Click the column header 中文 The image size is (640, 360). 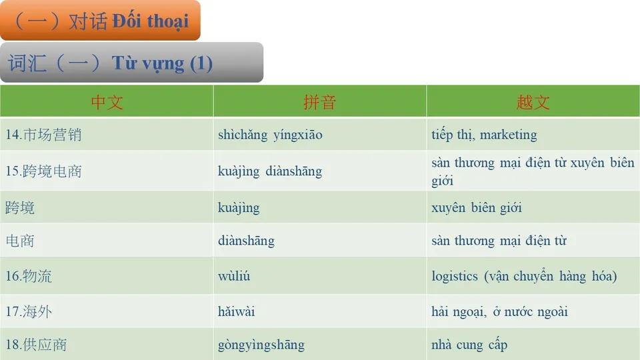pos(107,102)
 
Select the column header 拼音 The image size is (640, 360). pos(319,102)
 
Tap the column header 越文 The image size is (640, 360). pos(533,102)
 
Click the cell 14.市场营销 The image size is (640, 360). pos(43,135)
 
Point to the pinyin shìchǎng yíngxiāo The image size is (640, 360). pos(270,135)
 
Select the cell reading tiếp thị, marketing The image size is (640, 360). pos(484,135)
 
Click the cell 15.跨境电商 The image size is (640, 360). pos(43,171)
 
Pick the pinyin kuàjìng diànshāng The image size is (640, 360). pos(270,171)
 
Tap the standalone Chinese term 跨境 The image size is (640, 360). pos(20,207)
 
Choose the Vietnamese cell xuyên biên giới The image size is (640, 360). pos(477,207)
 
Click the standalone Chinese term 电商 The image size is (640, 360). pos(20,241)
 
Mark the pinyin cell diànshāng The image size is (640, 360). pos(246,241)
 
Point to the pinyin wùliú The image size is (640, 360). pos(234,276)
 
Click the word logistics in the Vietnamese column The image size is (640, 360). pos(455,276)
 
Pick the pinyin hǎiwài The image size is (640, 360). pos(237,311)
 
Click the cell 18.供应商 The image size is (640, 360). pos(36,345)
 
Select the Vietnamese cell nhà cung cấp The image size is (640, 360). pos(469,345)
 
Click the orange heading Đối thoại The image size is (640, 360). pos(150,21)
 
